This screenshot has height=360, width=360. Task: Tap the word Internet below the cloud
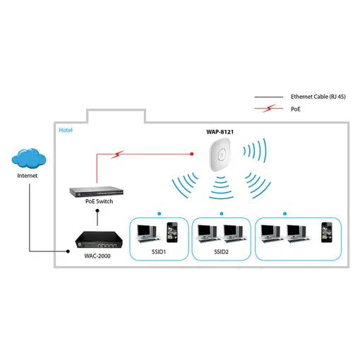(29, 175)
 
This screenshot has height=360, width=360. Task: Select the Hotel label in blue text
(66, 130)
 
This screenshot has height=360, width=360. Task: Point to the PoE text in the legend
(296, 109)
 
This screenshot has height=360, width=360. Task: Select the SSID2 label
(220, 251)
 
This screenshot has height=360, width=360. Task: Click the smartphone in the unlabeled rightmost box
(325, 232)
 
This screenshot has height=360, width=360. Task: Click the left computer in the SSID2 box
(208, 232)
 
